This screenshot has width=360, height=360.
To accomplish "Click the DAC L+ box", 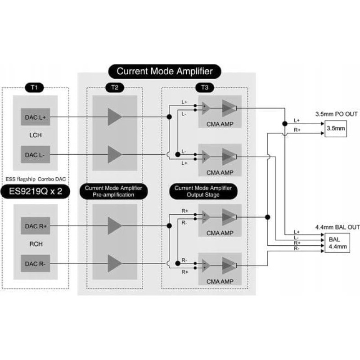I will click(x=36, y=117).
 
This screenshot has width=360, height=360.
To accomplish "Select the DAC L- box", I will click(x=36, y=154).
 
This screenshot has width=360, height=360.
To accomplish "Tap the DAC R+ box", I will click(x=36, y=226).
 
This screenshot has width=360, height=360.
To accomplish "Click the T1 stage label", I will click(x=35, y=87).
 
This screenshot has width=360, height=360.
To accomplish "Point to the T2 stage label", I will click(x=114, y=87).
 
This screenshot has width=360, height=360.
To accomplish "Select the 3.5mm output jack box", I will click(x=336, y=128).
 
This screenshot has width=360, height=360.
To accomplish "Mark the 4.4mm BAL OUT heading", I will click(x=337, y=227).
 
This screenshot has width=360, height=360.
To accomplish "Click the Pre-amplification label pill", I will click(x=114, y=191).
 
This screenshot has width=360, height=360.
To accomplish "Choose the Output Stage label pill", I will click(x=203, y=191).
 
